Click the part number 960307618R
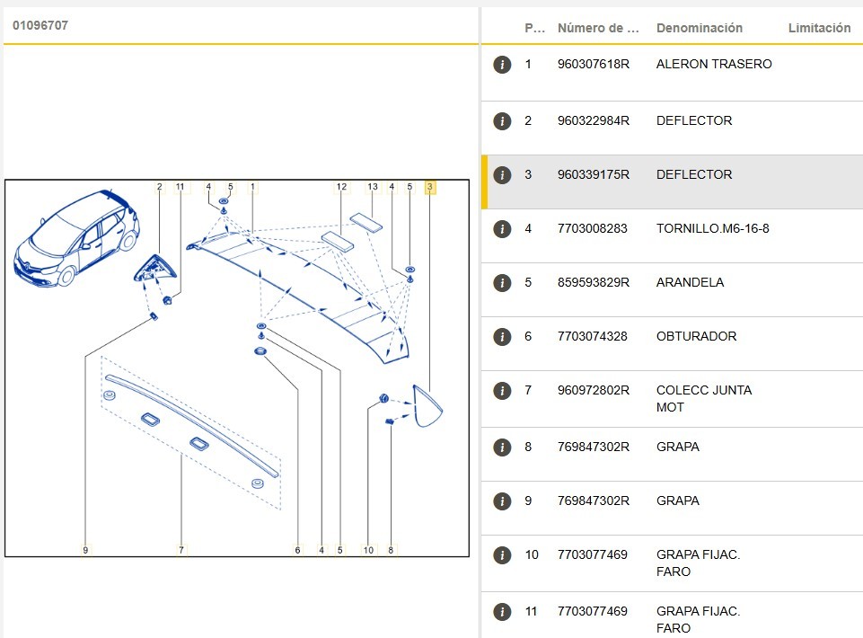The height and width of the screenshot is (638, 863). point(593,65)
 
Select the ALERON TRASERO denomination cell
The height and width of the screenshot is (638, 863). point(714,65)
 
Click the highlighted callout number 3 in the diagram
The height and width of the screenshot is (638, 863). point(430,187)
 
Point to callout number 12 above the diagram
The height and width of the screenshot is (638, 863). point(341,187)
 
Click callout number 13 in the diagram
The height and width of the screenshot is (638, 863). point(373,187)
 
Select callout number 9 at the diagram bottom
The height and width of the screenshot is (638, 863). point(85,550)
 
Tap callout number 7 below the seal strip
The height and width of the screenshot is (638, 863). point(181,550)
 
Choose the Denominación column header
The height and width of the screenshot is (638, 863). point(699,28)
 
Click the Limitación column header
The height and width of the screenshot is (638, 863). point(819,28)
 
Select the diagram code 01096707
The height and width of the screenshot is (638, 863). point(40,25)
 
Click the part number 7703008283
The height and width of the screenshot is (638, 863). point(592,229)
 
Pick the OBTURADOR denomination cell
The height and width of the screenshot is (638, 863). point(696,337)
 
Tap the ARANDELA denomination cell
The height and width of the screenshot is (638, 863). point(690,283)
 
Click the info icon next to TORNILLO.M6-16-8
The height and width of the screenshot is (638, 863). point(502,229)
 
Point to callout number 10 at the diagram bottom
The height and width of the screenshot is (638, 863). point(368,550)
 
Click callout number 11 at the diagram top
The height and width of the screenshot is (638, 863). point(181,187)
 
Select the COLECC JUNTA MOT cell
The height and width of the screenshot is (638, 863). point(703,399)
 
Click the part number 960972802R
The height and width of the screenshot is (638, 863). point(593,391)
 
